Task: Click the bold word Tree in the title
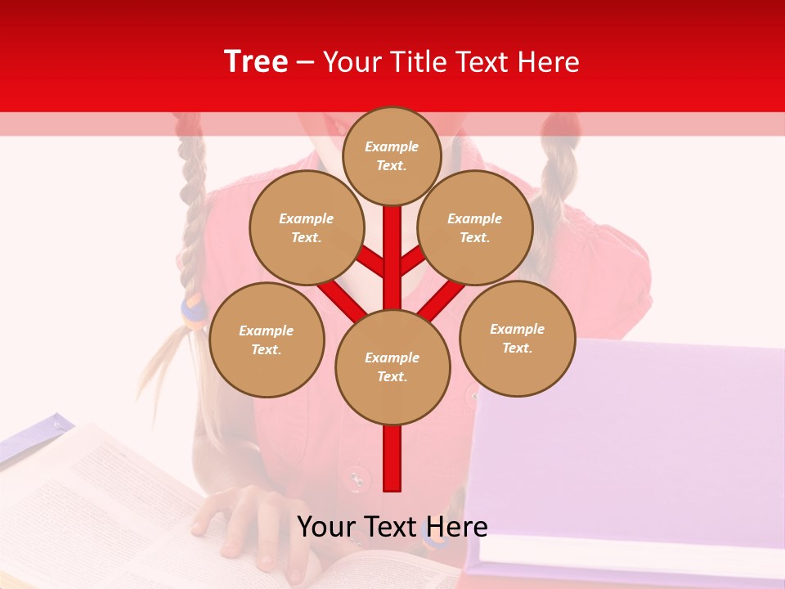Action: pyautogui.click(x=256, y=61)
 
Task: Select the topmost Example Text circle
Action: pyautogui.click(x=392, y=155)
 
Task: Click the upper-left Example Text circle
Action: pyautogui.click(x=306, y=227)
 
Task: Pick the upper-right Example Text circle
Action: pyautogui.click(x=474, y=227)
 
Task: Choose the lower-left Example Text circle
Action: pyautogui.click(x=267, y=339)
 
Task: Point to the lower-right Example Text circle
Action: pyautogui.click(x=517, y=338)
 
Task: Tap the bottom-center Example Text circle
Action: pyautogui.click(x=392, y=366)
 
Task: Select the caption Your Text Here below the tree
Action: pyautogui.click(x=392, y=527)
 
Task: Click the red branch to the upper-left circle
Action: pyautogui.click(x=370, y=261)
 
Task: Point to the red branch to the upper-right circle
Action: pyautogui.click(x=413, y=259)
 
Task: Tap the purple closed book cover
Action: pyautogui.click(x=638, y=442)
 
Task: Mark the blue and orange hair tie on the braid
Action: pyautogui.click(x=194, y=312)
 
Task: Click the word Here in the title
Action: pyautogui.click(x=549, y=62)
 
